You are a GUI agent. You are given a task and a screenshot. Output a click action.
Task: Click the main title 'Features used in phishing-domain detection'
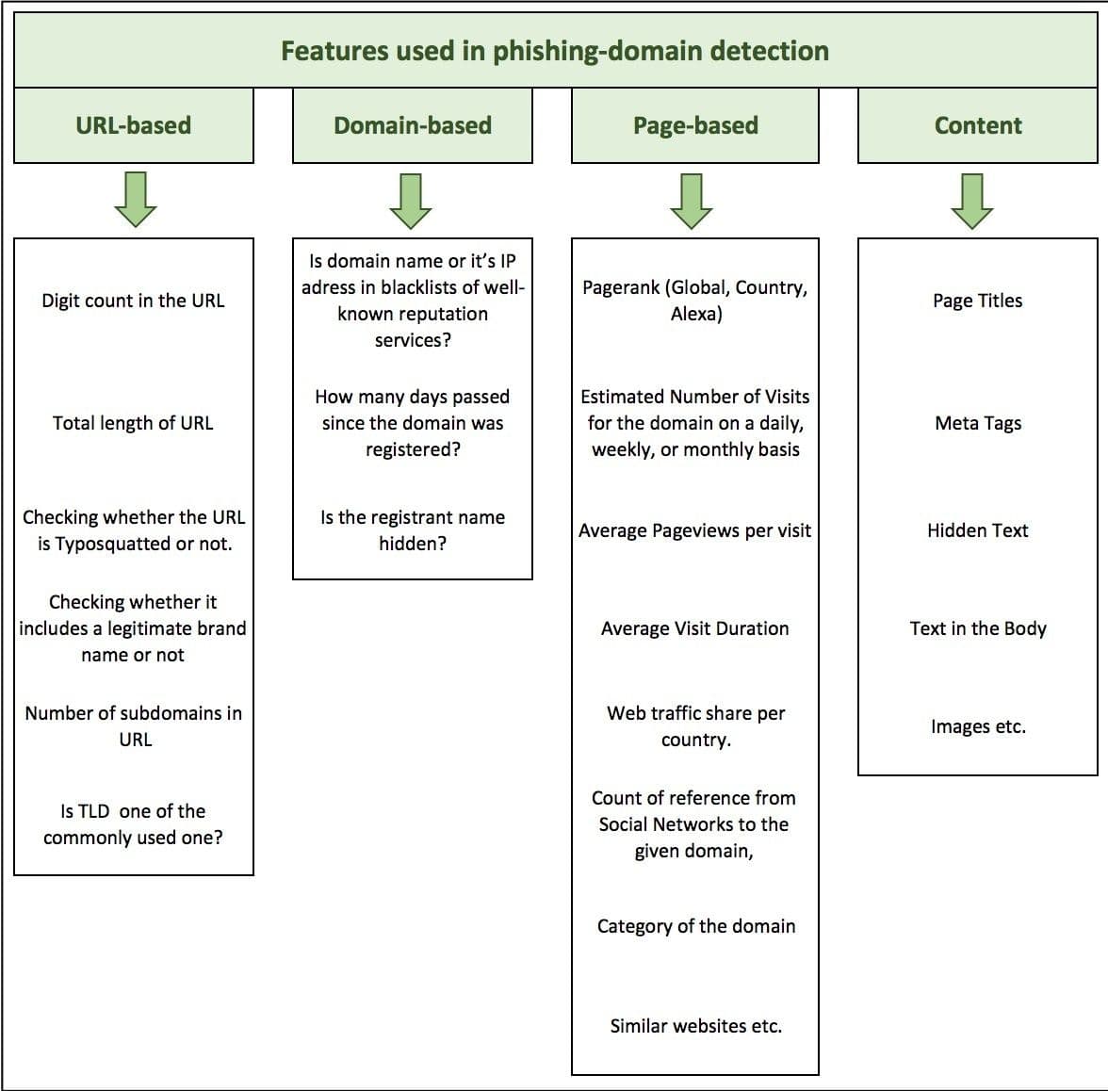[x=554, y=51]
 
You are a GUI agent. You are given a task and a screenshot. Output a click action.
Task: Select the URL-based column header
[x=133, y=125]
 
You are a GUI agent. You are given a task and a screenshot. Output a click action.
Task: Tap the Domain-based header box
[x=413, y=125]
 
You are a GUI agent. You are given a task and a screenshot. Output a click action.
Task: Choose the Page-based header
[x=695, y=125]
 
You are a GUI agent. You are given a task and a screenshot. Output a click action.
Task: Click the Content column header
[x=977, y=125]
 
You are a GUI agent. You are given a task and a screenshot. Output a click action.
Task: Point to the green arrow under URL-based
[x=136, y=200]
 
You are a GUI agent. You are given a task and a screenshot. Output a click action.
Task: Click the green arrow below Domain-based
[x=411, y=200]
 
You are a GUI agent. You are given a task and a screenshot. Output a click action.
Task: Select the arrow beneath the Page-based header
[x=692, y=200]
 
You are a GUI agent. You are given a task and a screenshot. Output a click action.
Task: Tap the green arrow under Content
[x=972, y=200]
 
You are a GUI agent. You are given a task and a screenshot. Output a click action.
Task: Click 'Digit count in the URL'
[x=133, y=301]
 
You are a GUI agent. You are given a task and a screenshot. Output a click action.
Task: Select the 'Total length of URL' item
[x=133, y=423]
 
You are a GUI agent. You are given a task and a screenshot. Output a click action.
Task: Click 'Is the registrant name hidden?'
[x=413, y=529]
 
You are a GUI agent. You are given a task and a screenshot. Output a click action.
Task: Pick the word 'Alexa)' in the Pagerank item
[x=696, y=314]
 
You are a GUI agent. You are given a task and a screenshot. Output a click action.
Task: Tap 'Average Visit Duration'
[x=695, y=628]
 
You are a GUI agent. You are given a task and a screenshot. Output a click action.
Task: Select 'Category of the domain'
[x=696, y=926]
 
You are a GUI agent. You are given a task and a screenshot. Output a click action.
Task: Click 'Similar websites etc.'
[x=696, y=1026]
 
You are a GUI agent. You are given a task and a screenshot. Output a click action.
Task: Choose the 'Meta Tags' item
[x=978, y=423]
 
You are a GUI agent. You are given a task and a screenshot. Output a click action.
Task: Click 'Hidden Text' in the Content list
[x=978, y=530]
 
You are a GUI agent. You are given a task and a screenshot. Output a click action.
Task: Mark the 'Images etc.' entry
[x=978, y=726]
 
